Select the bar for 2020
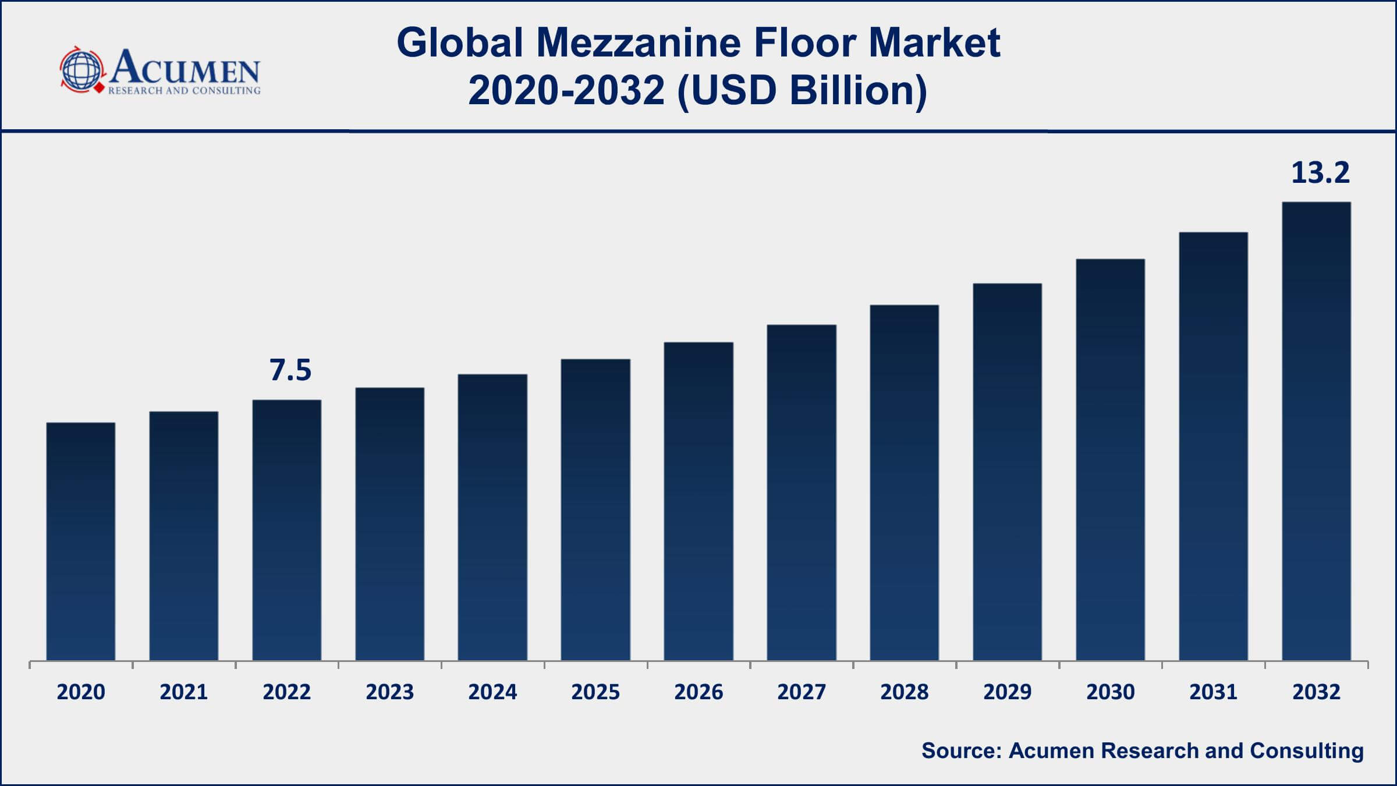click(x=81, y=541)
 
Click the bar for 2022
click(x=287, y=530)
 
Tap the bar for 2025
click(x=595, y=509)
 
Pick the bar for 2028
click(x=905, y=483)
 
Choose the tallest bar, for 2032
click(x=1317, y=431)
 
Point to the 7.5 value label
click(x=290, y=370)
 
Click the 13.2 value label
click(x=1320, y=173)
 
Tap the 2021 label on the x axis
click(x=184, y=692)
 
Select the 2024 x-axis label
click(x=492, y=692)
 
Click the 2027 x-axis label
click(x=802, y=692)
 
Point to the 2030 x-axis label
click(x=1111, y=692)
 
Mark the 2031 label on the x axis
click(x=1214, y=692)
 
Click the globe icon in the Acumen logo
click(x=81, y=70)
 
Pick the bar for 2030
click(x=1111, y=460)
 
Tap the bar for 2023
click(x=390, y=524)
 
